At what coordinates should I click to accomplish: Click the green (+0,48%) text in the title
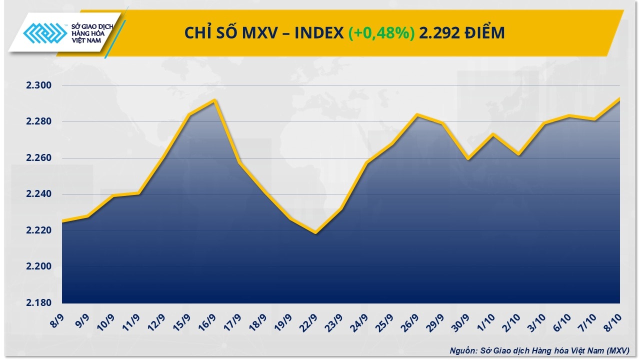(x=381, y=33)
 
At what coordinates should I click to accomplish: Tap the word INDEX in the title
(x=318, y=33)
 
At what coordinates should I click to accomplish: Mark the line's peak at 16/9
(x=214, y=100)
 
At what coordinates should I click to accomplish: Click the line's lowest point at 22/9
(x=316, y=233)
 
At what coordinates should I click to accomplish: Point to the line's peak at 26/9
(x=417, y=114)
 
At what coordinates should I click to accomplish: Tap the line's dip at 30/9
(x=468, y=159)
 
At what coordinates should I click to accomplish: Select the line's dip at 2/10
(x=519, y=154)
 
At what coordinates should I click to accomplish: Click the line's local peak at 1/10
(x=493, y=134)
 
